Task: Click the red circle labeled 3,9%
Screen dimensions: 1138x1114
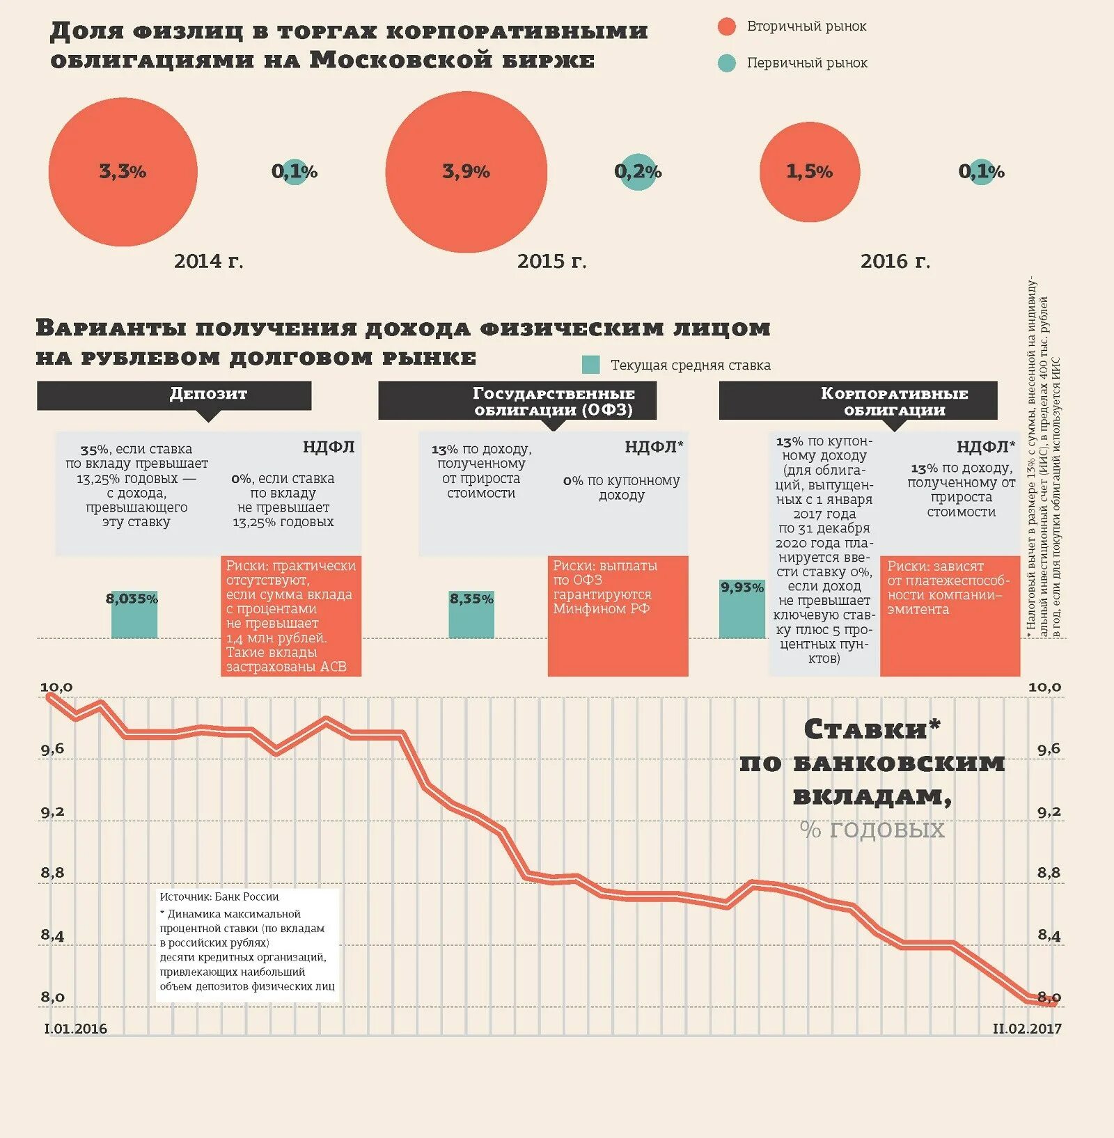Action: pyautogui.click(x=466, y=172)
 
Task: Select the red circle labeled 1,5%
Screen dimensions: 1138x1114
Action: pyautogui.click(x=809, y=172)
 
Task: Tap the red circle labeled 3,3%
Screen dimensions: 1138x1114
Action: pyautogui.click(x=123, y=172)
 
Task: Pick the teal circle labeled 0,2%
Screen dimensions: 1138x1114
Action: pyautogui.click(x=638, y=172)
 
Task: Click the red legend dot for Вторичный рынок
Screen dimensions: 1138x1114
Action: pyautogui.click(x=726, y=26)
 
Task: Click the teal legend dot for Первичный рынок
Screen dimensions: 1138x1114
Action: pyautogui.click(x=726, y=63)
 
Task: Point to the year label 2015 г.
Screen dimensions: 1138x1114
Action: pyautogui.click(x=551, y=261)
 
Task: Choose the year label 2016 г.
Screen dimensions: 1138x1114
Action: pyautogui.click(x=895, y=261)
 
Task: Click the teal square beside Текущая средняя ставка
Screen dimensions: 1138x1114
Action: pyautogui.click(x=590, y=365)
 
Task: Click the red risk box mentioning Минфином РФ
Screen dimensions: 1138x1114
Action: pyautogui.click(x=618, y=615)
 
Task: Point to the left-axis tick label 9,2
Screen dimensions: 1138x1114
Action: pyautogui.click(x=52, y=812)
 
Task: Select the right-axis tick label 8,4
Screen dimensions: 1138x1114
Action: pyautogui.click(x=1049, y=935)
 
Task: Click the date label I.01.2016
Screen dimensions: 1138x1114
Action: pyautogui.click(x=76, y=1029)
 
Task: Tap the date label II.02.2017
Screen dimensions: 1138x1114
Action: pyautogui.click(x=1027, y=1029)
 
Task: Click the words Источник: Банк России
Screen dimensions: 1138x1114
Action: pyautogui.click(x=219, y=897)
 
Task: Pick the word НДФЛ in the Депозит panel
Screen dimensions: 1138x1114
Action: pyautogui.click(x=329, y=448)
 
